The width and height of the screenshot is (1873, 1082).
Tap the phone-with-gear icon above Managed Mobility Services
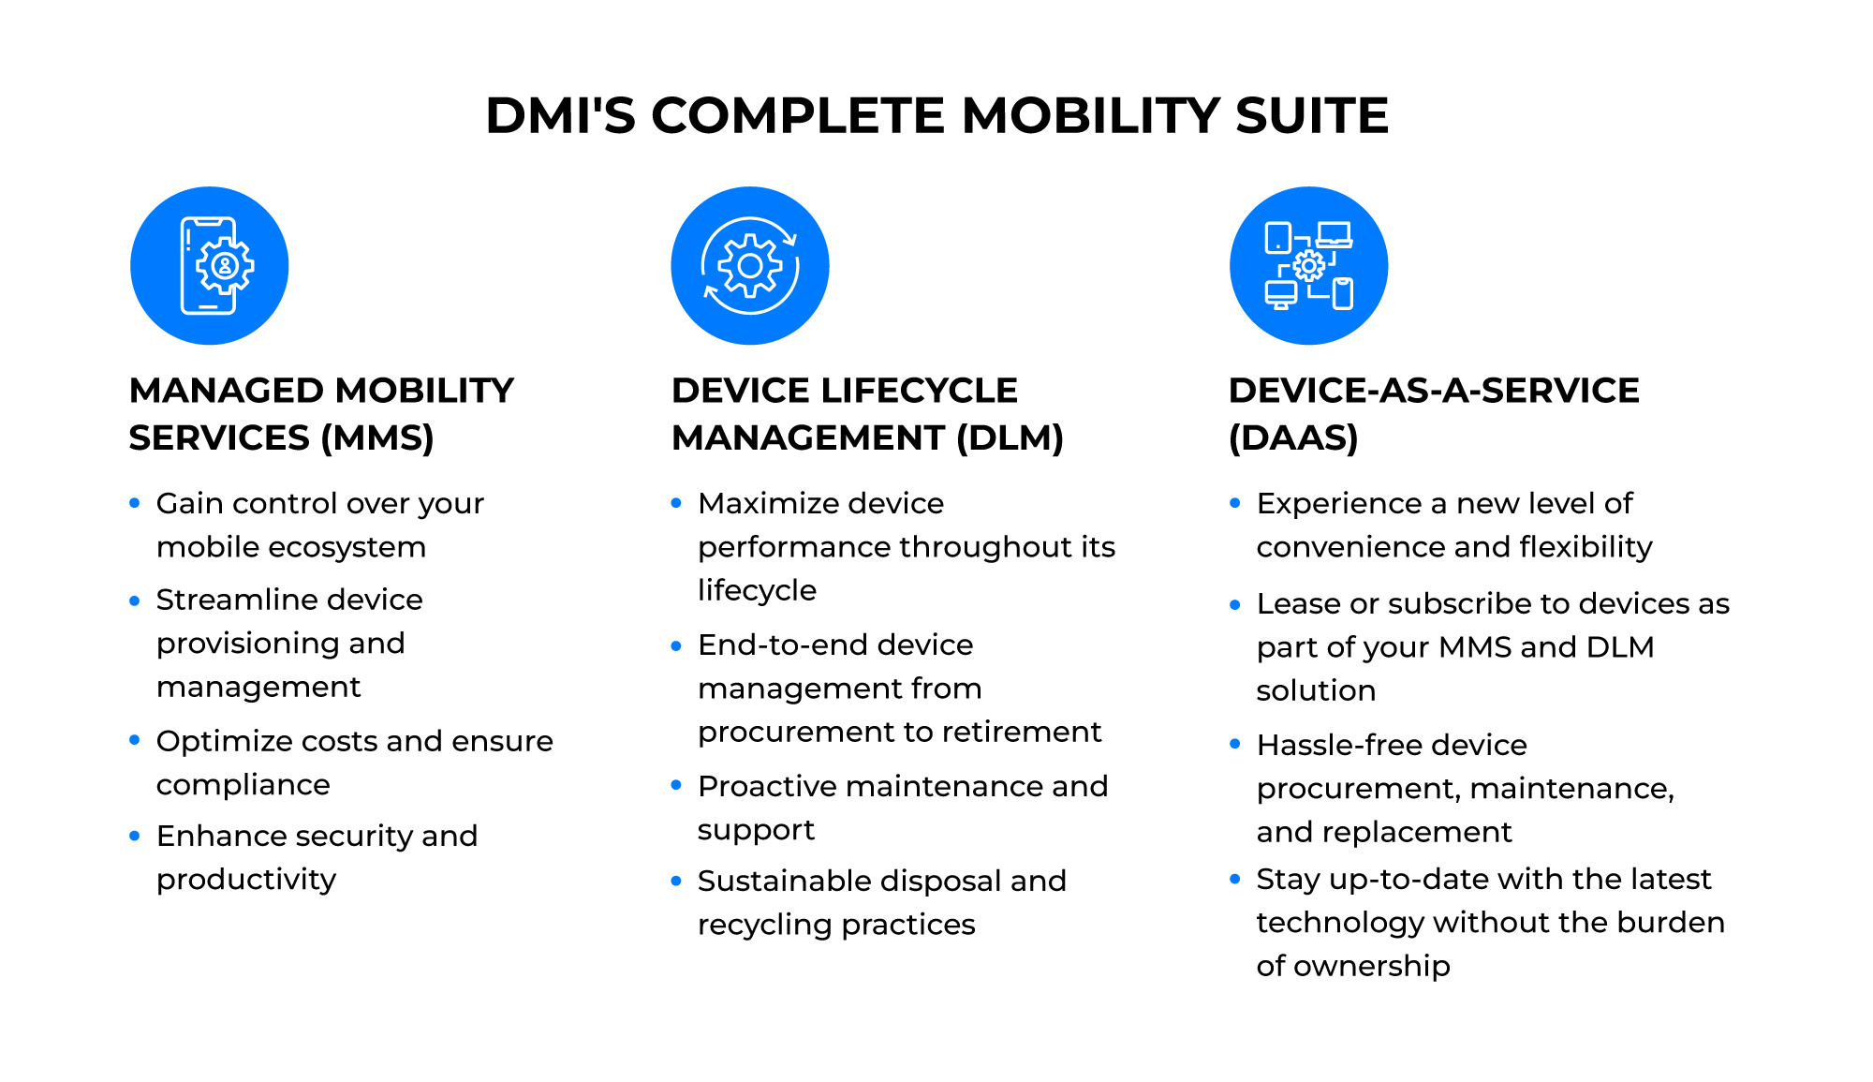[x=210, y=266]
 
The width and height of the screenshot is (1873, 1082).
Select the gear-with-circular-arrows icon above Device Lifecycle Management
[x=750, y=266]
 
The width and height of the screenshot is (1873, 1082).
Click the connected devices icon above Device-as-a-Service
[x=1308, y=266]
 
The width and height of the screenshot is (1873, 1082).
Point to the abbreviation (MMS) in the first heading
[x=377, y=438]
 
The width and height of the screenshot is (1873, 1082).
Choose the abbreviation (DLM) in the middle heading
[x=1010, y=438]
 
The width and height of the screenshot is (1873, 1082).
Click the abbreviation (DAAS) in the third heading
[x=1293, y=438]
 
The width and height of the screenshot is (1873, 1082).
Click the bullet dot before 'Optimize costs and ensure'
[x=135, y=740]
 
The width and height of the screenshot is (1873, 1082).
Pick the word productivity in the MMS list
[x=246, y=880]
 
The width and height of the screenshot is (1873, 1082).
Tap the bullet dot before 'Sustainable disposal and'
[x=676, y=881]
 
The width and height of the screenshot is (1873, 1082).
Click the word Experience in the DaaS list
[x=1338, y=504]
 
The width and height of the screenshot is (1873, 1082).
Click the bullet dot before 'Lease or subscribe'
[x=1235, y=605]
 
